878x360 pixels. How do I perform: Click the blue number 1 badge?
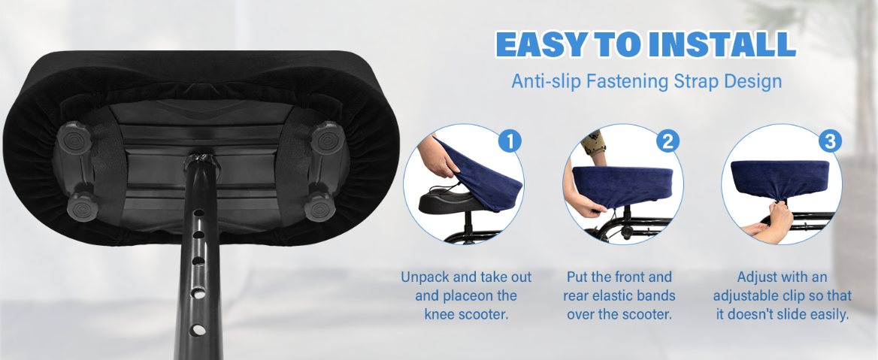click(510, 141)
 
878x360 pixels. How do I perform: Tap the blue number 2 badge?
click(666, 141)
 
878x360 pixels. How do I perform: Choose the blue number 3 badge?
click(829, 141)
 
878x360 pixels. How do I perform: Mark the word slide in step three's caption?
click(792, 314)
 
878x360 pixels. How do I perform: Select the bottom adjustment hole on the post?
click(198, 329)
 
